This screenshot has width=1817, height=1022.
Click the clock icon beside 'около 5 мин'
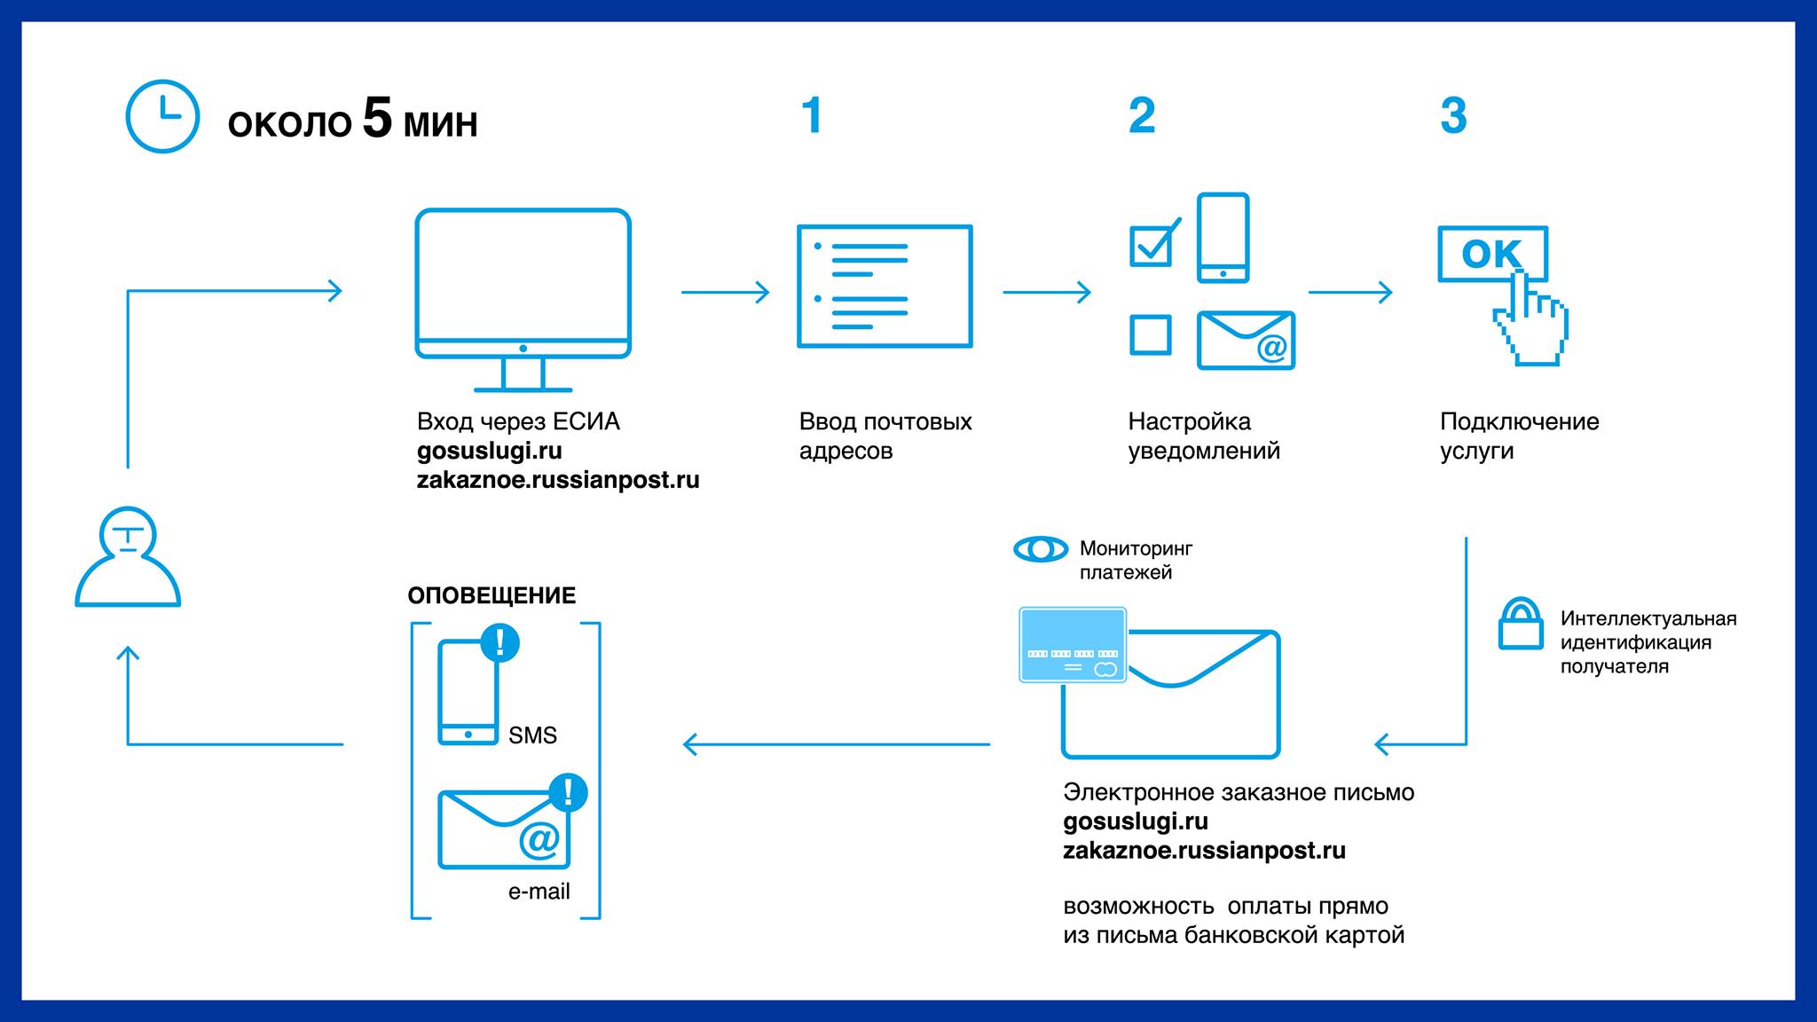(x=162, y=116)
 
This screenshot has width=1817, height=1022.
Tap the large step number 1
(x=812, y=116)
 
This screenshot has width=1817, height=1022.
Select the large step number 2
(x=1142, y=116)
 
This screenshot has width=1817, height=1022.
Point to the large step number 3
(x=1453, y=116)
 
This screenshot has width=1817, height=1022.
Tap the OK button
(x=1492, y=254)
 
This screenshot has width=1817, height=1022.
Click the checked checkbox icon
(x=1152, y=245)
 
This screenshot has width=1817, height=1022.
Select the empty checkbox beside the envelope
(x=1150, y=335)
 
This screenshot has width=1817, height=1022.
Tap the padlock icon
(x=1521, y=625)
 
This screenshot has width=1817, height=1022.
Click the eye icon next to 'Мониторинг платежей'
(x=1041, y=549)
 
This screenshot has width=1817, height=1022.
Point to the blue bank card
(x=1073, y=645)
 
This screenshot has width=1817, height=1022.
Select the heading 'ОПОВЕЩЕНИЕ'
(x=492, y=595)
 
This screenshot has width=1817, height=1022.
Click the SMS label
(x=532, y=735)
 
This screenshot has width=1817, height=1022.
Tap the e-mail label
(x=539, y=892)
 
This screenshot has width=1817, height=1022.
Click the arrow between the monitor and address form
(x=725, y=292)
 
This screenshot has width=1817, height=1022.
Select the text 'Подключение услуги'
(x=1519, y=436)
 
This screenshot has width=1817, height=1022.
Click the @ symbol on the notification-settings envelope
(x=1271, y=348)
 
